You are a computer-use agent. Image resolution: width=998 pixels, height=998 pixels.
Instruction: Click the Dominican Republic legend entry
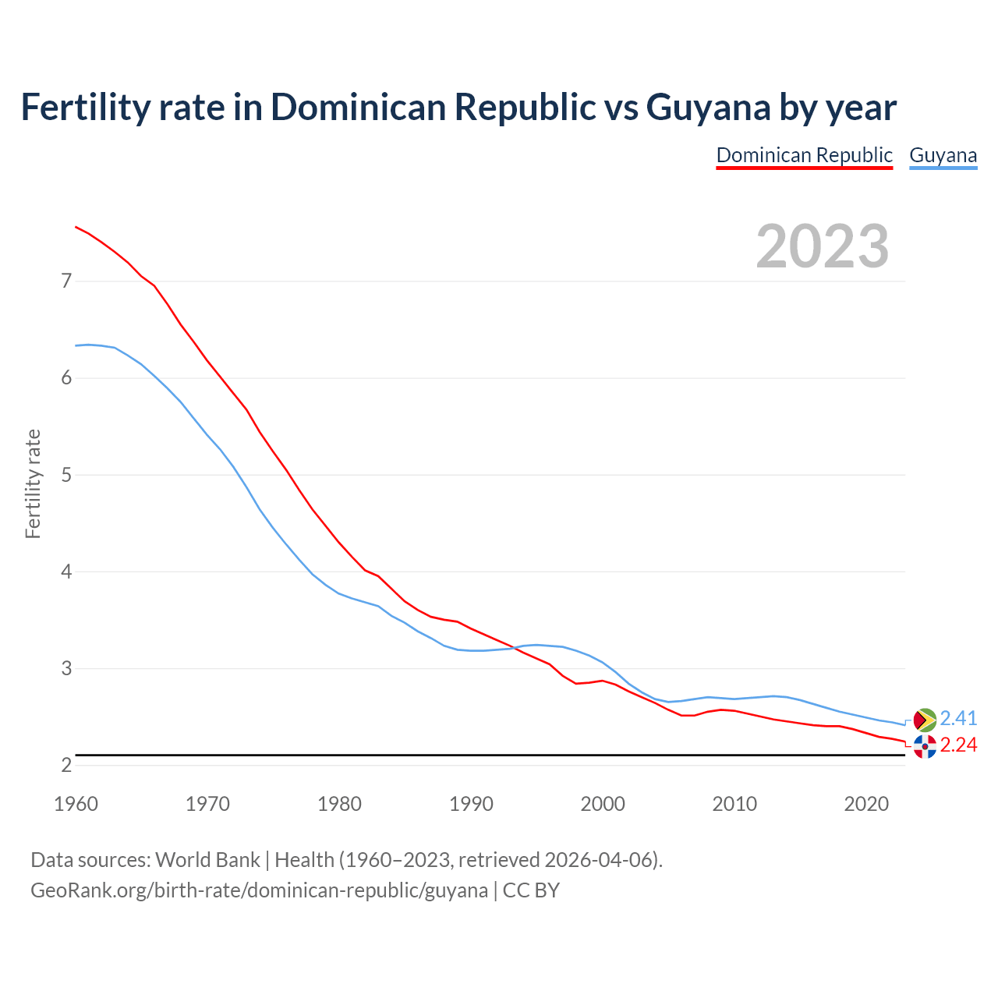click(x=804, y=155)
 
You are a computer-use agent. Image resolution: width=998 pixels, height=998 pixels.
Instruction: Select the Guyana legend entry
click(x=943, y=155)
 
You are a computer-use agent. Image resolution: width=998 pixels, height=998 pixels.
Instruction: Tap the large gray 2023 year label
click(x=823, y=246)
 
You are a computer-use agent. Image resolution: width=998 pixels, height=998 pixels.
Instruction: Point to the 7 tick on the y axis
click(x=66, y=281)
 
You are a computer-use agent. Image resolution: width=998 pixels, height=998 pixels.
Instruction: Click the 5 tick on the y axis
click(x=66, y=475)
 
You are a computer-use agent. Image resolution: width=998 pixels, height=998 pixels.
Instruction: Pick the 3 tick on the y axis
click(x=66, y=668)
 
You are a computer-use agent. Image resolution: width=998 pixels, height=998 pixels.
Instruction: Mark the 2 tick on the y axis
click(x=66, y=766)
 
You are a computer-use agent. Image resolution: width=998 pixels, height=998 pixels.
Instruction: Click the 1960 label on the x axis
click(x=76, y=804)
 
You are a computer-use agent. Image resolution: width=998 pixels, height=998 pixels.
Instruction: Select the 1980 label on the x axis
click(x=339, y=804)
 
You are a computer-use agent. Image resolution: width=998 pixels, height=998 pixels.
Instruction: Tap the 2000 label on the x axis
click(x=603, y=804)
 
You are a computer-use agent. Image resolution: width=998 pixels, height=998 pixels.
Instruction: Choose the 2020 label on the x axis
click(x=866, y=804)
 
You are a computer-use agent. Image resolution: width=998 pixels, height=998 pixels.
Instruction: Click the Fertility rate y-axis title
click(x=33, y=483)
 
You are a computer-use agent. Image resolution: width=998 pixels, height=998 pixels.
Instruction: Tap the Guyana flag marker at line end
click(x=925, y=720)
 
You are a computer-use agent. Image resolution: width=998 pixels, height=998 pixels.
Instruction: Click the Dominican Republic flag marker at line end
click(x=925, y=746)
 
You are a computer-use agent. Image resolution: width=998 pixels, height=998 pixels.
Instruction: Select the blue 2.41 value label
click(x=958, y=718)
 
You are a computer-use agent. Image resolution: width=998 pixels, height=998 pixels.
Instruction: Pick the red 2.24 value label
click(x=958, y=745)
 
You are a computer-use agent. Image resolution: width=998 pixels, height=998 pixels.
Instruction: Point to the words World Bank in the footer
click(x=207, y=860)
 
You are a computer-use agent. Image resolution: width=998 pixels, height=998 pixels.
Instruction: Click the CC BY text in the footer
click(x=531, y=890)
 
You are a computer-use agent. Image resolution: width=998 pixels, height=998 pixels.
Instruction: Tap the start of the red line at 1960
click(x=76, y=227)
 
